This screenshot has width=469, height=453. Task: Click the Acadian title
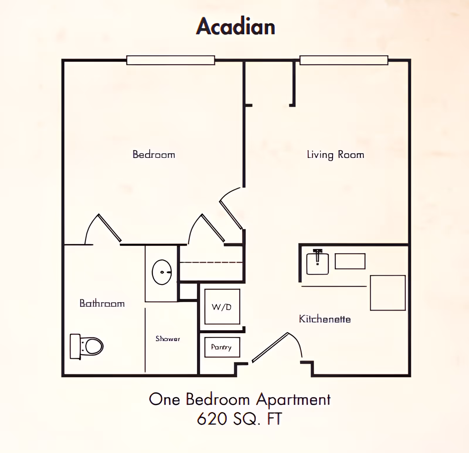(x=236, y=26)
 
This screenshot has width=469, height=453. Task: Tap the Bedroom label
(x=154, y=154)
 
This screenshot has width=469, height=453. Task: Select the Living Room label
(x=335, y=154)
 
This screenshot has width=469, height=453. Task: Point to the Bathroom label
(x=102, y=303)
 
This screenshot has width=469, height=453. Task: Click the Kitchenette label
(x=325, y=319)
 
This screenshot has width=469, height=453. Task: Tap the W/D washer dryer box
(x=222, y=307)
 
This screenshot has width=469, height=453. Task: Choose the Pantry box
(x=222, y=347)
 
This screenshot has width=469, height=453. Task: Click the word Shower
(x=168, y=339)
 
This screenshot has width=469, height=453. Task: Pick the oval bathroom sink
(x=162, y=272)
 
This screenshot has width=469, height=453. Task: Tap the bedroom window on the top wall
(x=171, y=60)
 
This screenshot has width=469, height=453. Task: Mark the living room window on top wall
(x=344, y=60)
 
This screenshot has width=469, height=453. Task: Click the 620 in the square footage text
(x=212, y=419)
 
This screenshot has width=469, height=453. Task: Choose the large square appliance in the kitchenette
(x=388, y=293)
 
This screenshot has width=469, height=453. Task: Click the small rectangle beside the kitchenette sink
(x=350, y=261)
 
